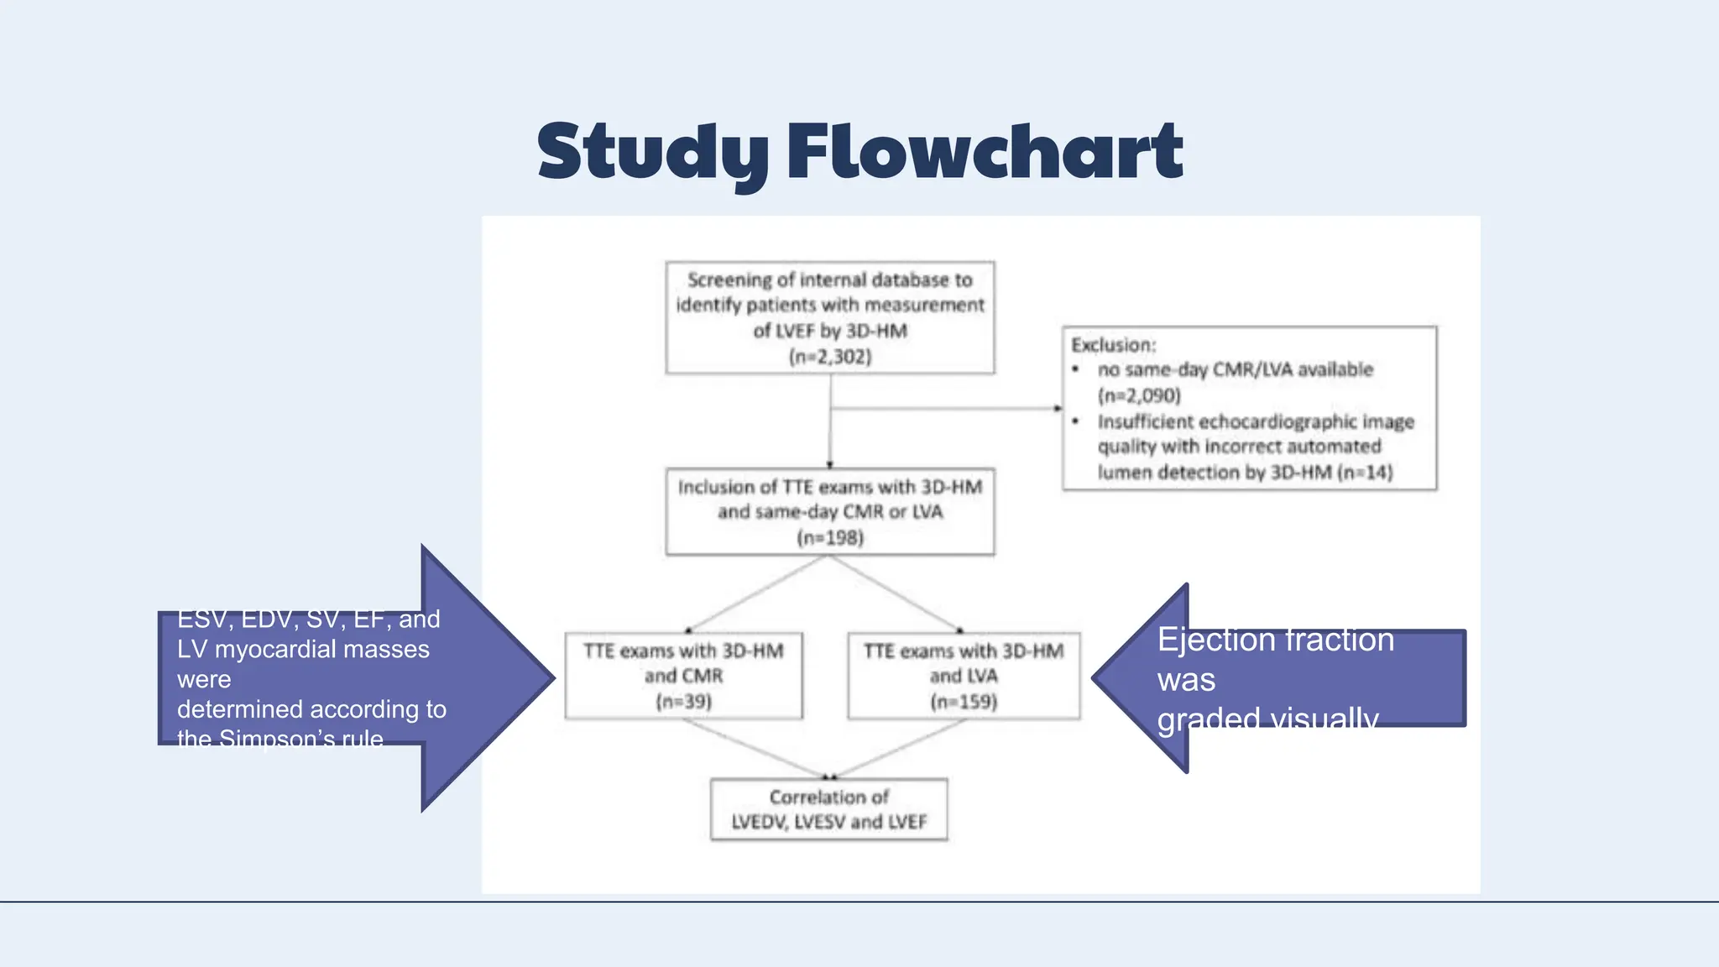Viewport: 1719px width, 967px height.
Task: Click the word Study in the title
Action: pos(652,152)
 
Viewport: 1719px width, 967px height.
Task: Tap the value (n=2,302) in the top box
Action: pos(830,357)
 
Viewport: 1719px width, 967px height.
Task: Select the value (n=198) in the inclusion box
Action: pos(830,537)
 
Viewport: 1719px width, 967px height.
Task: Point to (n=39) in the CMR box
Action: pos(683,702)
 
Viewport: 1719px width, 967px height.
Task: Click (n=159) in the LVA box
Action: pos(964,702)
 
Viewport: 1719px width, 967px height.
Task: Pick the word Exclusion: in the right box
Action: pos(1113,345)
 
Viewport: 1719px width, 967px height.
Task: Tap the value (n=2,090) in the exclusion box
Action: pos(1139,395)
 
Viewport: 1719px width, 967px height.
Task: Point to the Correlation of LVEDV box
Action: pos(828,809)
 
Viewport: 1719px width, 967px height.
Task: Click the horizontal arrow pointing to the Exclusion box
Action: pos(948,409)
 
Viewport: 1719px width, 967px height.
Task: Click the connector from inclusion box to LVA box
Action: pos(896,593)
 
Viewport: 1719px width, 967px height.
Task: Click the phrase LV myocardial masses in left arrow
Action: pos(303,649)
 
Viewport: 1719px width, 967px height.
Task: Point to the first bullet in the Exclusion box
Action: pos(1075,369)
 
